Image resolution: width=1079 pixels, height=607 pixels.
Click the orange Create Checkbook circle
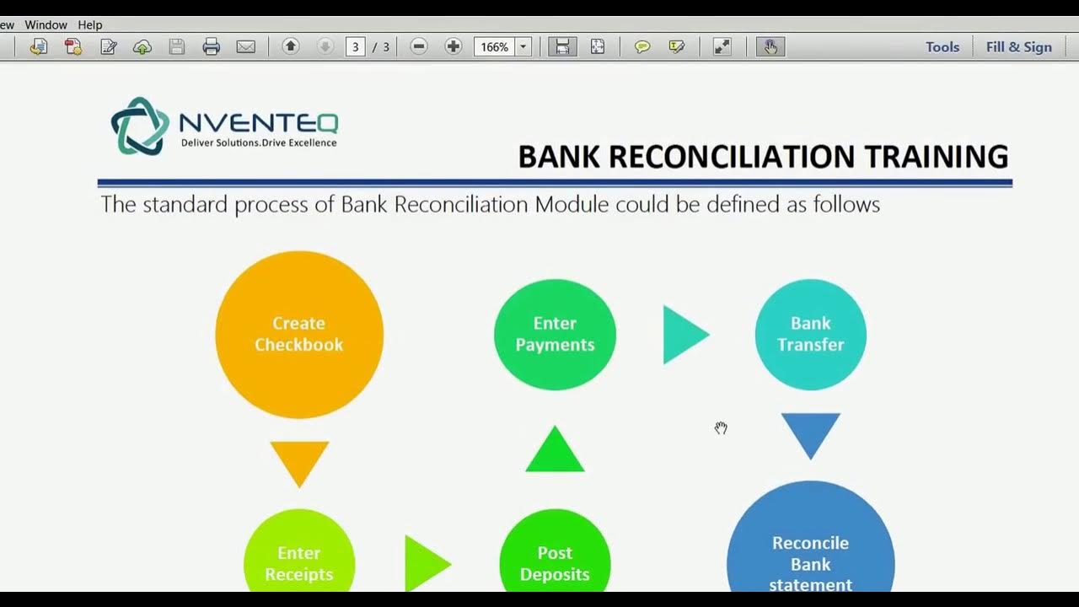(299, 334)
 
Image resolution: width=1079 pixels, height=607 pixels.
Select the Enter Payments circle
(555, 334)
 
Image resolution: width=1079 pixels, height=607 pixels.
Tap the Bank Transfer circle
(810, 334)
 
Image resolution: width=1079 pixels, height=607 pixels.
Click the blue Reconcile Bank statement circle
(810, 548)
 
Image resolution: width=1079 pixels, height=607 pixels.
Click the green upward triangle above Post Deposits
(555, 451)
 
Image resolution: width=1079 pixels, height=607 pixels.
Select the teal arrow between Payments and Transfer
(684, 335)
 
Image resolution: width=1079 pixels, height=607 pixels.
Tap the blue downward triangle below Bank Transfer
(810, 432)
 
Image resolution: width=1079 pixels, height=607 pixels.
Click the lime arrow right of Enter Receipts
(425, 563)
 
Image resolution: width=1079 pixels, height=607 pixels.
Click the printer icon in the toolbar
(212, 47)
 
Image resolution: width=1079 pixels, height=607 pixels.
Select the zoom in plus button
(454, 47)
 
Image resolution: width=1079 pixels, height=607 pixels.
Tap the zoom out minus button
(419, 47)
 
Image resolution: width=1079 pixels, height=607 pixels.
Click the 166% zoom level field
(495, 47)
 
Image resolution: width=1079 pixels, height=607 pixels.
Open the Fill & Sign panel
(1018, 47)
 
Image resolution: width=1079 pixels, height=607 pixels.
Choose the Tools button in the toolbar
(942, 47)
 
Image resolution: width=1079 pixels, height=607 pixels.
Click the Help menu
(89, 25)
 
